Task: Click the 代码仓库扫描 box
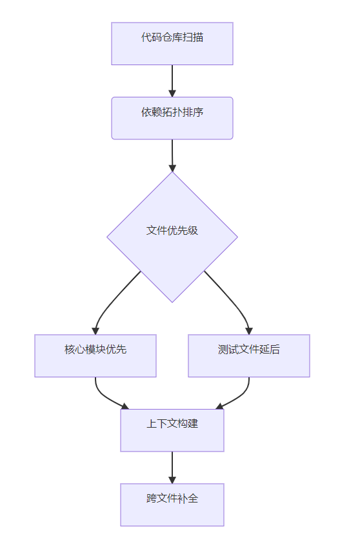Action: point(172,44)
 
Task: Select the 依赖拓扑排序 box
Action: point(172,118)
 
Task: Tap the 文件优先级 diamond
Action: point(172,237)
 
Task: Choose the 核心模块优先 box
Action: point(95,356)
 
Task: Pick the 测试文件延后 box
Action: point(249,356)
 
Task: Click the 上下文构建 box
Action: point(172,430)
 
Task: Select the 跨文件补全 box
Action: point(172,504)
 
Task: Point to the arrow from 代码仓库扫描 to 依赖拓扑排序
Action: point(172,81)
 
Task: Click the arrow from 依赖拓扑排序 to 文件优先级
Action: point(172,155)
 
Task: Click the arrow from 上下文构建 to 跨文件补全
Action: point(172,468)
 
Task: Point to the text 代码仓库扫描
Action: point(172,37)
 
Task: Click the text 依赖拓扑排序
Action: point(172,112)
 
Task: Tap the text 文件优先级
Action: point(172,230)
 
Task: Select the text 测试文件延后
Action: point(249,349)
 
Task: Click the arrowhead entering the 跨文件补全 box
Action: point(172,480)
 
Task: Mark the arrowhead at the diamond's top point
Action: point(172,168)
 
